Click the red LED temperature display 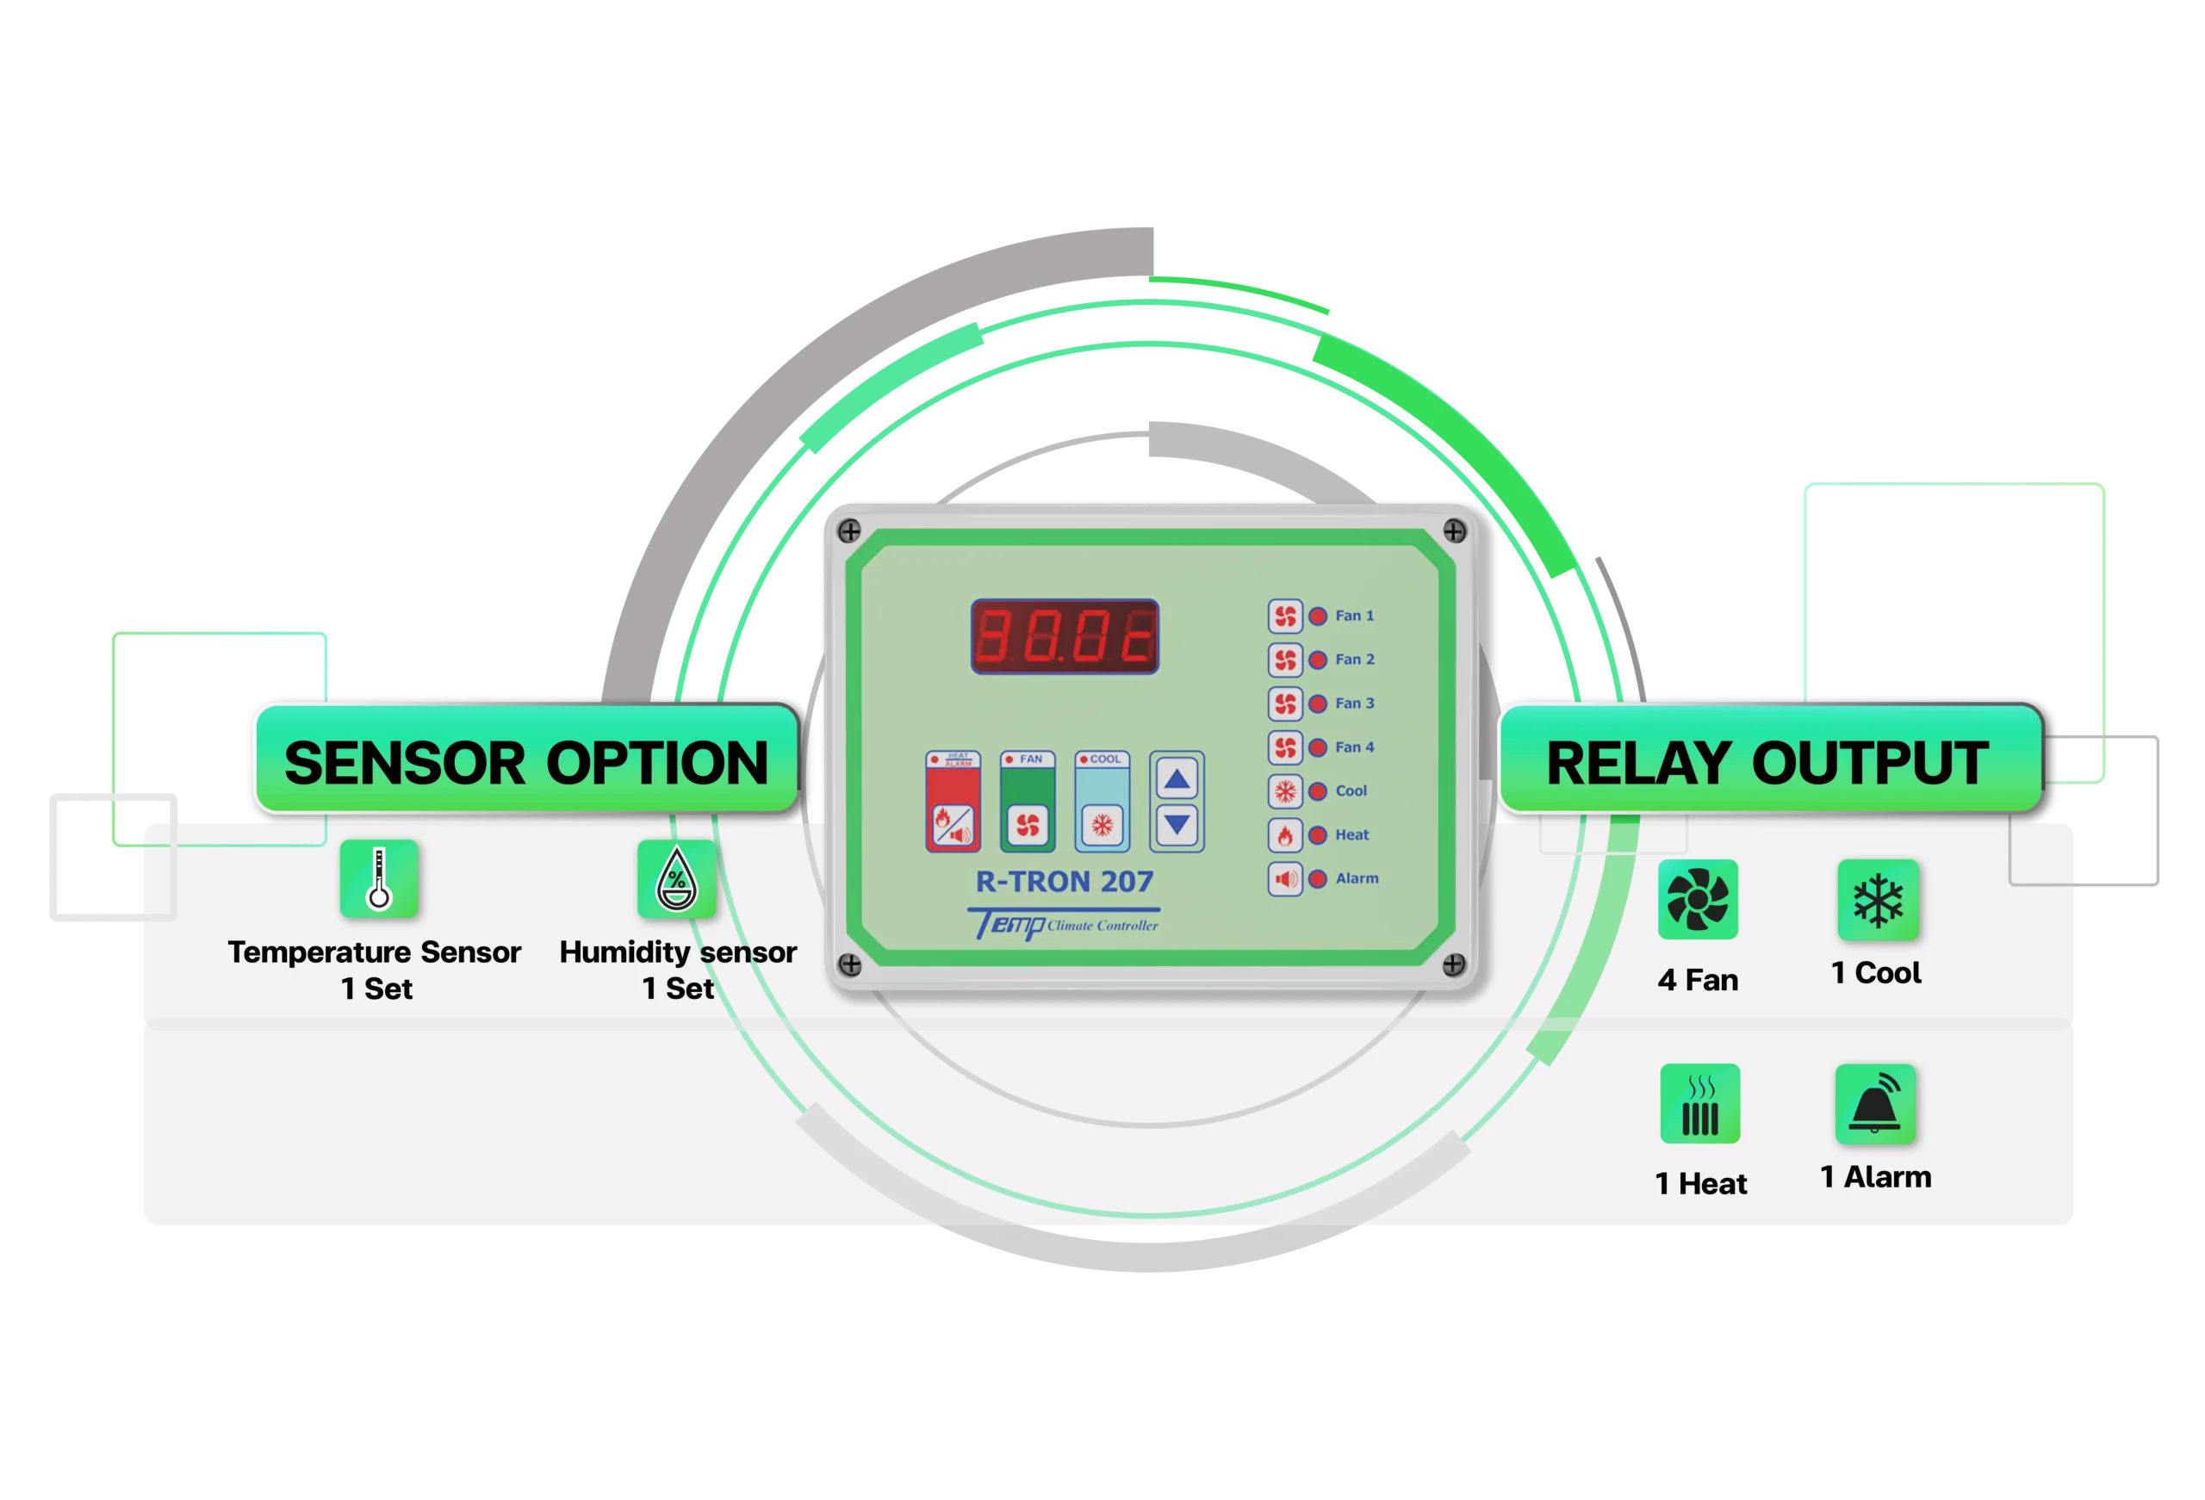point(1065,636)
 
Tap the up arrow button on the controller point(1177,780)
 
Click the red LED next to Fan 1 point(1318,616)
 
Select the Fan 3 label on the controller point(1354,703)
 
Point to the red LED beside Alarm point(1318,878)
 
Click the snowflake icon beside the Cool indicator point(1284,791)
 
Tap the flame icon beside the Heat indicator point(1284,835)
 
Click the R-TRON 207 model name point(1065,882)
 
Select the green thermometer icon point(380,878)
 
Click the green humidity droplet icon point(676,878)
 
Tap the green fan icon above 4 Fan point(1698,900)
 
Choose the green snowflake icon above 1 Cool point(1878,900)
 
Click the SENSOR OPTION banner point(525,762)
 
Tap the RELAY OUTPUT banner point(1767,762)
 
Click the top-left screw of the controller point(849,530)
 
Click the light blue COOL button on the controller point(1102,803)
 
